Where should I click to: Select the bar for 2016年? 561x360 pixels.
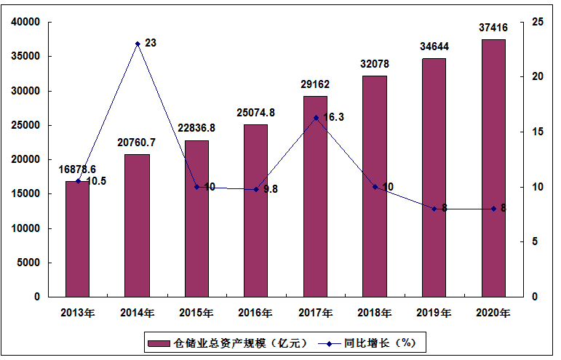click(255, 210)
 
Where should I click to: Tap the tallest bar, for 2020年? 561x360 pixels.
click(493, 168)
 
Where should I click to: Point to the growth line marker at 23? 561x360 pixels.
click(137, 44)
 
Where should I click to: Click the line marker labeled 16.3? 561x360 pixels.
click(315, 118)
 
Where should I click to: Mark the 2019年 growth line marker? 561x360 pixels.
click(434, 209)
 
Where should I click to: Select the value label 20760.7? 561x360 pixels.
click(137, 142)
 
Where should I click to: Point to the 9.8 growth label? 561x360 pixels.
click(271, 189)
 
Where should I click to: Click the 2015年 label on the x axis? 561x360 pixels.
click(196, 313)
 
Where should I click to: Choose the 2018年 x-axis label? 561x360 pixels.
click(375, 313)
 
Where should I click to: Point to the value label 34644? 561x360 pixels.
click(434, 47)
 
